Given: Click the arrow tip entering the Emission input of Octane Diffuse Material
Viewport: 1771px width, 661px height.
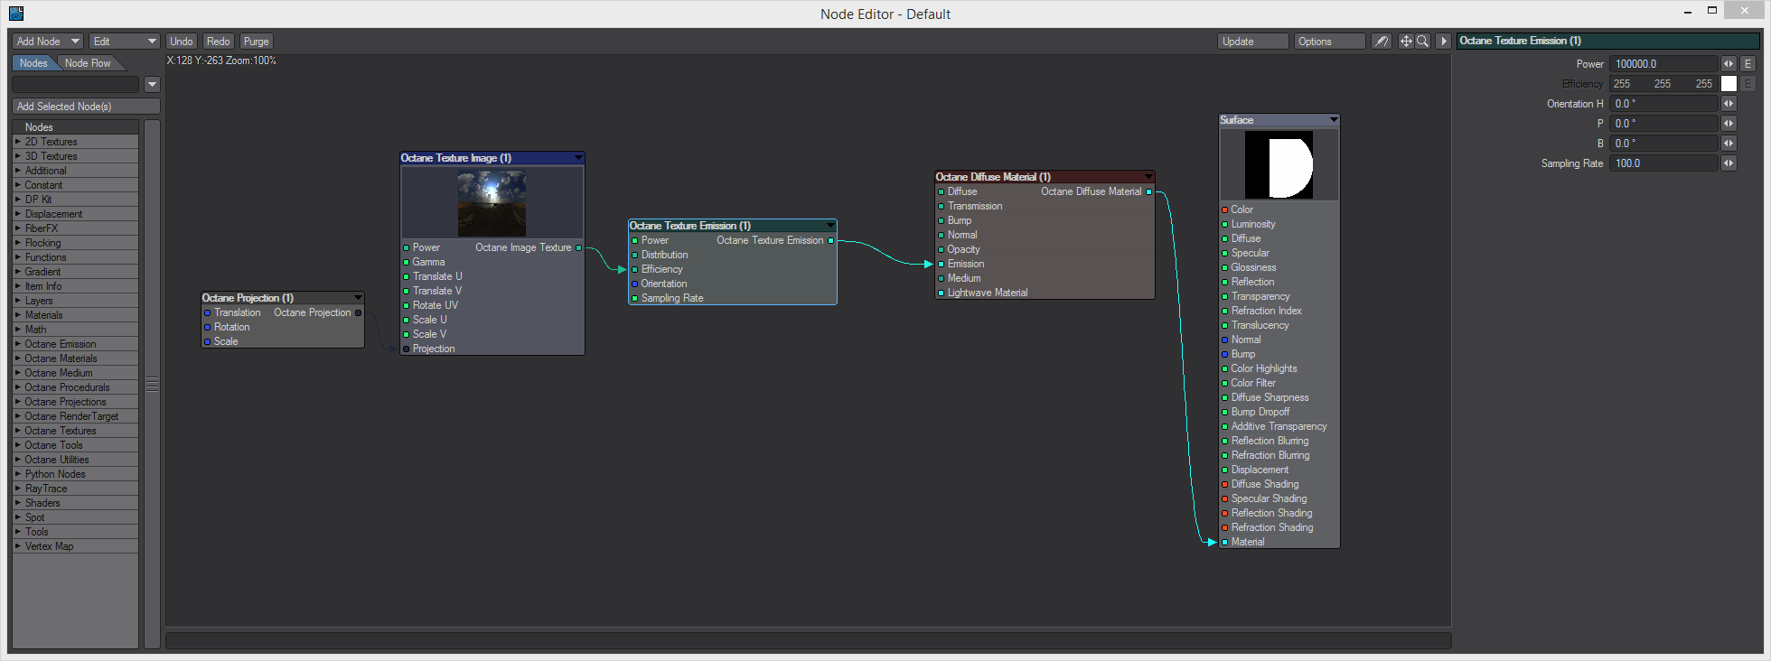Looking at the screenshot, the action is [x=932, y=264].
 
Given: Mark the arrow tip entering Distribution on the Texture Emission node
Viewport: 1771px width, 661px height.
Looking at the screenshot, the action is [x=626, y=269].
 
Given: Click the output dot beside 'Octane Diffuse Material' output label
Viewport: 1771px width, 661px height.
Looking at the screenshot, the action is [x=1149, y=191].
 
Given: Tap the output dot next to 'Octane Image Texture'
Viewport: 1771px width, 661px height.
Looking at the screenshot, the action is [x=579, y=247].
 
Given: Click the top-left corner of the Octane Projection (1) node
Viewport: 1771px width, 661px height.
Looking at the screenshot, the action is [x=201, y=291].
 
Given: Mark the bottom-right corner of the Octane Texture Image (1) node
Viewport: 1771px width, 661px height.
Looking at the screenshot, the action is [x=585, y=355].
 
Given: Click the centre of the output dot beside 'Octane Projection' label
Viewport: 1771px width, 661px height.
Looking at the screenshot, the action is [x=359, y=312].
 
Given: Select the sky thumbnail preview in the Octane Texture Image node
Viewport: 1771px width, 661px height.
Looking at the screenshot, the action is [x=492, y=204].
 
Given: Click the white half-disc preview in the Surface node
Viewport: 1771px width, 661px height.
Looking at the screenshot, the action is [x=1290, y=165].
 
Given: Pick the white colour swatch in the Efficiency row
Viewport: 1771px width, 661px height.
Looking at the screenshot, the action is [x=1729, y=84].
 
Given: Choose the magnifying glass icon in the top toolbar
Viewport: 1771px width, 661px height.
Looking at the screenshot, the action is [x=1423, y=42].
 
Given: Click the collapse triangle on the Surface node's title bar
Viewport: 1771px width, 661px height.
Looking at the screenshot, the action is [x=1334, y=120].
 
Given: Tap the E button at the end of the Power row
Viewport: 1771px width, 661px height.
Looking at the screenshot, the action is [x=1748, y=64].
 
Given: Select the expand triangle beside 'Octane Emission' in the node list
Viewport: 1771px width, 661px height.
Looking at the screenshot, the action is [x=18, y=344].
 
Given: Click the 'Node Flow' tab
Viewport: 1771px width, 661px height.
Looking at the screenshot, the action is [x=88, y=63].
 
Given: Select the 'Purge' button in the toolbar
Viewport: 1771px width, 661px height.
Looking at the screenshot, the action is [x=257, y=42].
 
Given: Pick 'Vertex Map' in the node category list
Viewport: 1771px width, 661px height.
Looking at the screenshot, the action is [x=50, y=546].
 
